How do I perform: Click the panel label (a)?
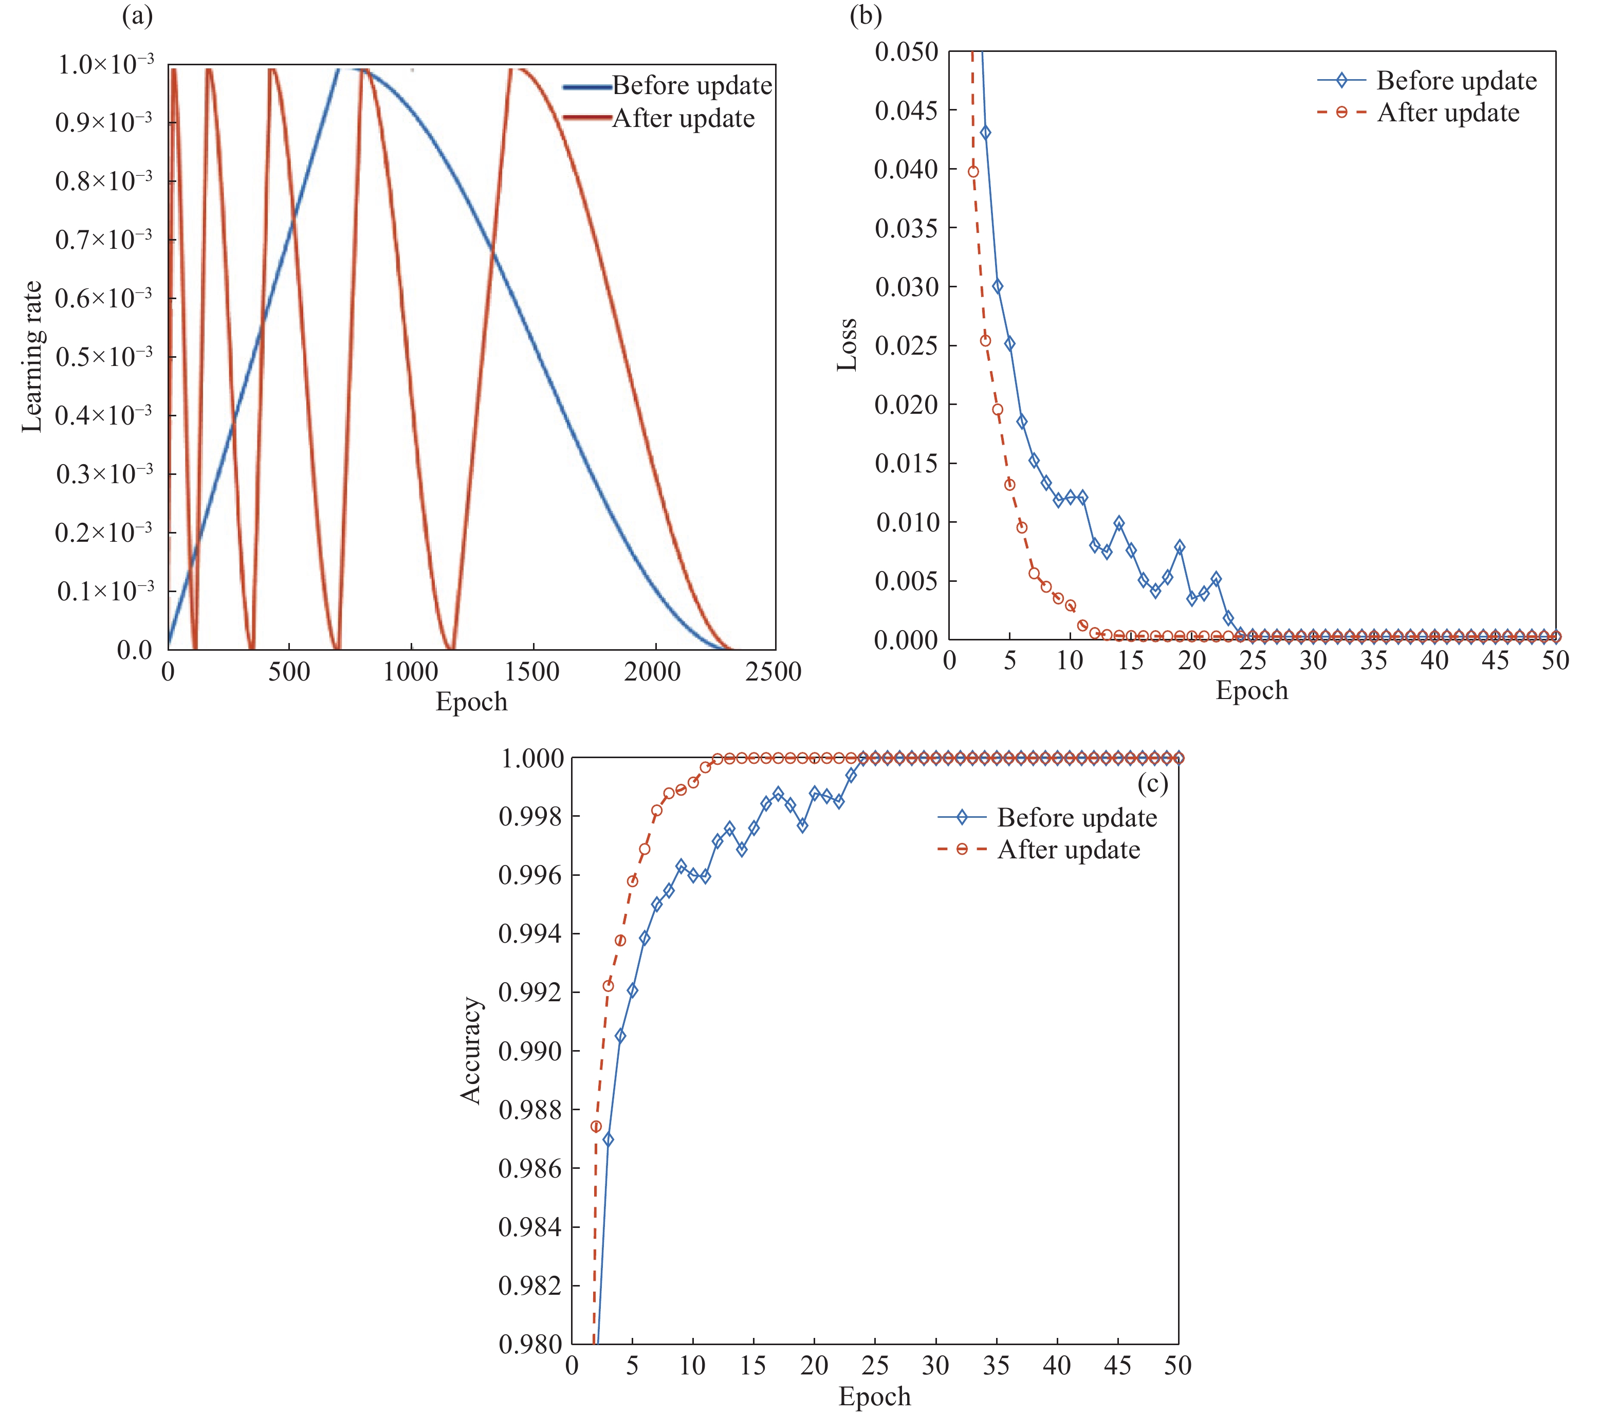[137, 16]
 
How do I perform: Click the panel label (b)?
[866, 16]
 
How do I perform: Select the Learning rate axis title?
[31, 357]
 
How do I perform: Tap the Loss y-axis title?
[847, 345]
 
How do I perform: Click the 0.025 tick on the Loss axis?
[907, 345]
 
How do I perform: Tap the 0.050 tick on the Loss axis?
[907, 52]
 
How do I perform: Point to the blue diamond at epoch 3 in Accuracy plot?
[609, 1140]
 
